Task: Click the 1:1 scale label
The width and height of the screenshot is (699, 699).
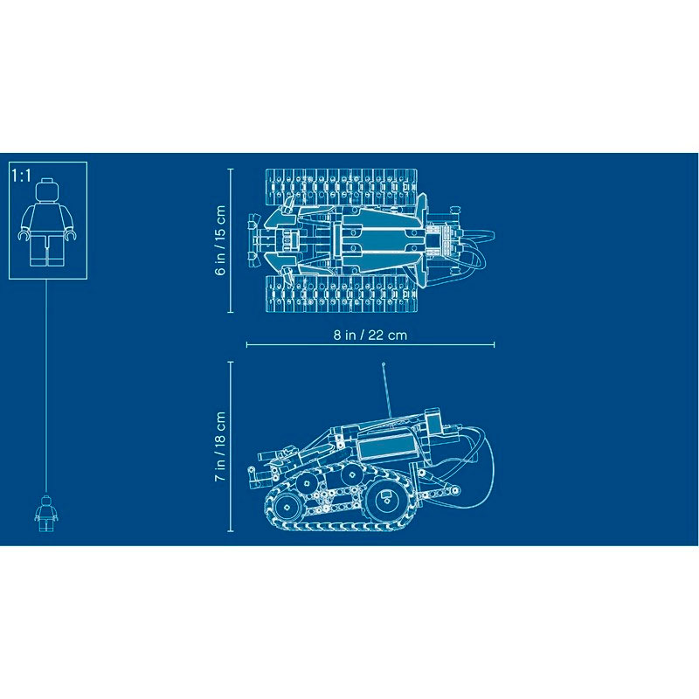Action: coord(21,175)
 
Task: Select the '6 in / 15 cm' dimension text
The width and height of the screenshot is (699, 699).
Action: coord(221,240)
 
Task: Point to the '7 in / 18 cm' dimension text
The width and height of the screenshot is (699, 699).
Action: coord(221,446)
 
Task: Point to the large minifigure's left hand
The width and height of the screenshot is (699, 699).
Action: coord(23,236)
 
